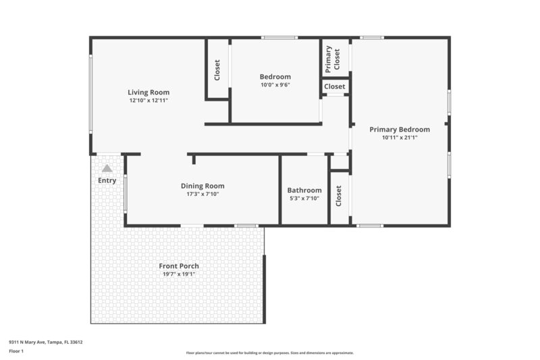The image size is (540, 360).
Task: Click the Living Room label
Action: (148, 93)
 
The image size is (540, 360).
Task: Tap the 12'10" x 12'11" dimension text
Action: (148, 101)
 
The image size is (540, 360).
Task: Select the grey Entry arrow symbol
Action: (107, 168)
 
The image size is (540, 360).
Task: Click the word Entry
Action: (107, 180)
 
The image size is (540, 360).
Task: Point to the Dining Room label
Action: (202, 186)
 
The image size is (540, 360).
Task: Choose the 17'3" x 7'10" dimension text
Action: (202, 194)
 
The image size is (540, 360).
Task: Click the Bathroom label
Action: (304, 190)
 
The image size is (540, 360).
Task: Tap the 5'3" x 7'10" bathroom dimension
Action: (304, 199)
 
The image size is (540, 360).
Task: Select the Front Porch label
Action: (179, 266)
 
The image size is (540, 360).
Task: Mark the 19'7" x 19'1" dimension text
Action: (179, 274)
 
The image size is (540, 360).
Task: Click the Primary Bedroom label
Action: (400, 129)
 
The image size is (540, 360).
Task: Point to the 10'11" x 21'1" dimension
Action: (400, 137)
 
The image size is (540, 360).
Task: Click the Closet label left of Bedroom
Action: (217, 70)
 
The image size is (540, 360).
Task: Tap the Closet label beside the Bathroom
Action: (339, 196)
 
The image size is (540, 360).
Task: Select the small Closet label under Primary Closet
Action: (335, 86)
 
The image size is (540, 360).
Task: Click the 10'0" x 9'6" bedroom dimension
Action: (275, 85)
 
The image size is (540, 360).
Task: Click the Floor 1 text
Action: (16, 351)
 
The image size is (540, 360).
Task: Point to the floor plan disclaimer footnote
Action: (269, 353)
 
